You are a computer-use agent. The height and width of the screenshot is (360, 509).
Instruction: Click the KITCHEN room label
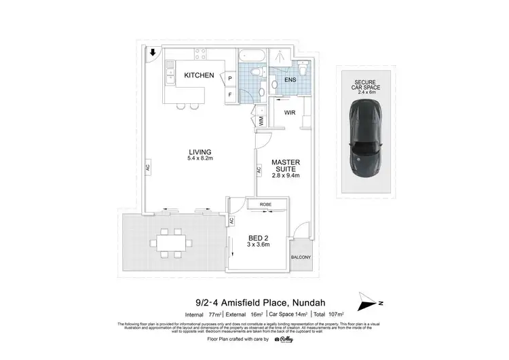(200, 75)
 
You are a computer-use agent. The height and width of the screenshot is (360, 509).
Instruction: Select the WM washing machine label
(260, 121)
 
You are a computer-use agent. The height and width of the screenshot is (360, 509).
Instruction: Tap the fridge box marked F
(230, 94)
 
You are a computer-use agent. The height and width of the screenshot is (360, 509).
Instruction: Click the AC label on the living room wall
(147, 167)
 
